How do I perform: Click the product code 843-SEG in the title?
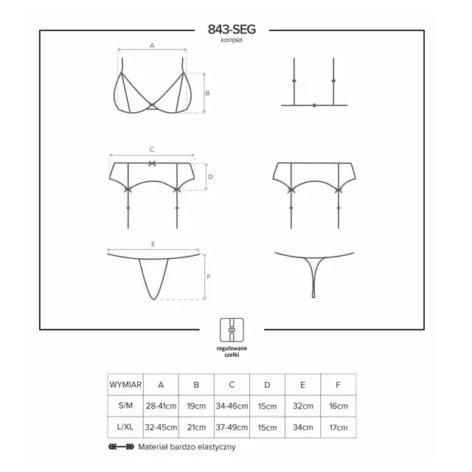pos(232,29)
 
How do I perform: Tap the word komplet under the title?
pos(232,40)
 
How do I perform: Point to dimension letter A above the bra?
pos(152,46)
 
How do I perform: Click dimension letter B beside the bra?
pos(207,94)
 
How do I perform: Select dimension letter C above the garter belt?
pos(152,150)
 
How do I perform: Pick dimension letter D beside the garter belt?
pos(210,177)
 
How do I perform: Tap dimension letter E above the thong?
pos(153,244)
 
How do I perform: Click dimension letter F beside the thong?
pos(209,277)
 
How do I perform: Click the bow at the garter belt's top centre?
pos(152,164)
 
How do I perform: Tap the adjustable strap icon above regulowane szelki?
pos(232,330)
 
